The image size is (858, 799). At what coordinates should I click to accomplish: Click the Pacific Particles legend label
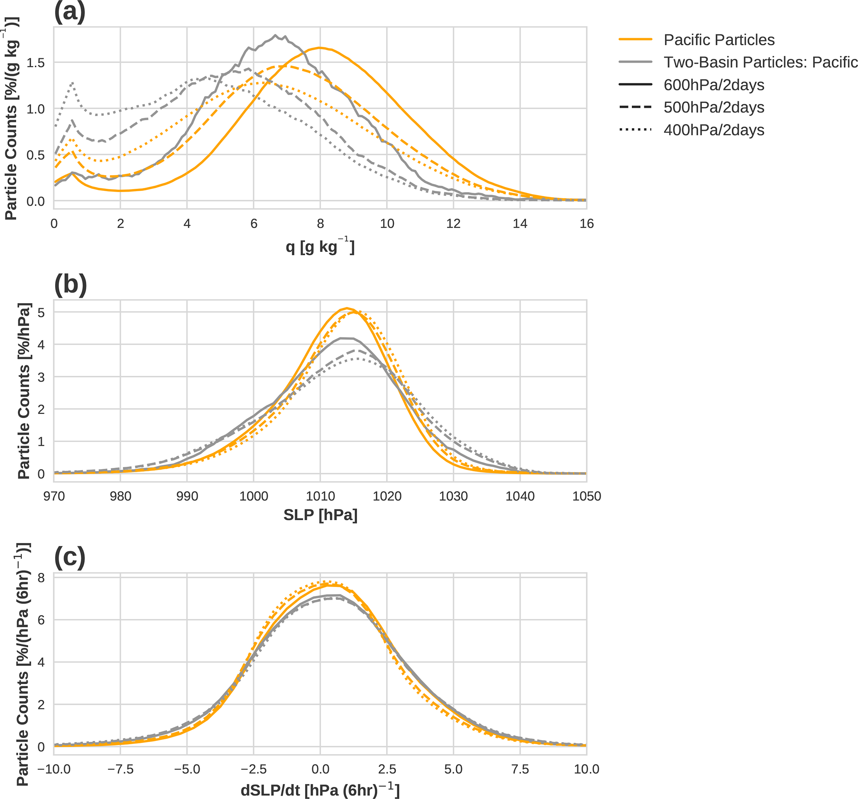tap(719, 40)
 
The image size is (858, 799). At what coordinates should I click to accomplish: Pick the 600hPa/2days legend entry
tap(714, 85)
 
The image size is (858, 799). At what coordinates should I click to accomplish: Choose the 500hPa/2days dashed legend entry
tap(714, 107)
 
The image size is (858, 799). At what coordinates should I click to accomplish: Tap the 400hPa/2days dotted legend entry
tap(714, 130)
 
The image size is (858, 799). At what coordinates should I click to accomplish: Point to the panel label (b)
tap(70, 285)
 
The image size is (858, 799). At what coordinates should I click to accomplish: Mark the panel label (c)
tap(69, 558)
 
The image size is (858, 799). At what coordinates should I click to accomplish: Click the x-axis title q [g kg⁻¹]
tap(320, 247)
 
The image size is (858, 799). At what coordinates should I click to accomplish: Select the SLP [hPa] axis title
tap(320, 515)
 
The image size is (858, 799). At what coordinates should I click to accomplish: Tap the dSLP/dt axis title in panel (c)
tap(320, 790)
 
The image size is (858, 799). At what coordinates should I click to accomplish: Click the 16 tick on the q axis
tap(587, 224)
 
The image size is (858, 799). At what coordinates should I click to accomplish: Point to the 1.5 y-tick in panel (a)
tap(36, 63)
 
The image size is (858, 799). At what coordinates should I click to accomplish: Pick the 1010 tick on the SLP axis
tap(320, 496)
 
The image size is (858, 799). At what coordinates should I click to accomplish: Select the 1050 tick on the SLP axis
tap(587, 496)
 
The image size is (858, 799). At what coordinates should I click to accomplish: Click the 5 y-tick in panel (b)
tap(41, 313)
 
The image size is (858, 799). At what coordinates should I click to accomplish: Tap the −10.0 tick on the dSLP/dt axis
tap(54, 769)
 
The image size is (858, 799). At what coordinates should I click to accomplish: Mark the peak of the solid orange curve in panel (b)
tap(347, 308)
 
